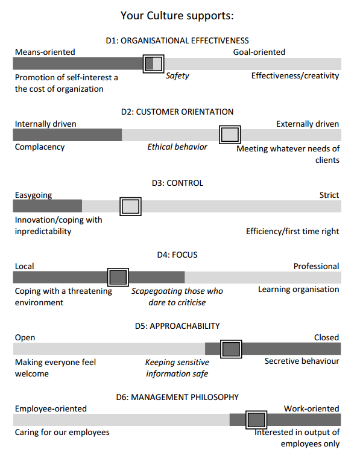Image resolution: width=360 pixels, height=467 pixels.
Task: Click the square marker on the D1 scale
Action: click(153, 64)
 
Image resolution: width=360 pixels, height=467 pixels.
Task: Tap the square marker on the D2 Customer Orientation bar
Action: click(230, 135)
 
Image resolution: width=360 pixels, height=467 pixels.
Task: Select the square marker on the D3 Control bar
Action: click(130, 206)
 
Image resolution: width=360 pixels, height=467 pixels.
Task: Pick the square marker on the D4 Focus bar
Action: click(118, 277)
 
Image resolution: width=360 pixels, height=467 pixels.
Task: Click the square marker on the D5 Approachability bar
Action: click(231, 349)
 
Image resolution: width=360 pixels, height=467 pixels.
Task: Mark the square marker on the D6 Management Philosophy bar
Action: click(256, 420)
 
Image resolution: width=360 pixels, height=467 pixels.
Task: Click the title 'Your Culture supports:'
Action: click(177, 16)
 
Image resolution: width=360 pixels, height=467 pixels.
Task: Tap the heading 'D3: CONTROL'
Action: click(177, 183)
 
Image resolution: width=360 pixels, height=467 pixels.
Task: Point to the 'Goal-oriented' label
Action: click(259, 52)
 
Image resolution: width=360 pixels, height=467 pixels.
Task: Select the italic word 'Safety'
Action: click(177, 76)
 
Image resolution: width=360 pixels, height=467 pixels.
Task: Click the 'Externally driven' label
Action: click(308, 124)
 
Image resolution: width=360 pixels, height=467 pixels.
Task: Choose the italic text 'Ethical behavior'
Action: click(177, 147)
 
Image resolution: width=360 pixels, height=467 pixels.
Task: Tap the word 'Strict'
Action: click(329, 195)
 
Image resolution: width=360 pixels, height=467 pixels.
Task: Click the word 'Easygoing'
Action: click(33, 195)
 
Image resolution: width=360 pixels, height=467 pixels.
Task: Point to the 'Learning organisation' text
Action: click(298, 290)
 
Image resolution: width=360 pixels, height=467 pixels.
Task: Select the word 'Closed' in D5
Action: click(327, 337)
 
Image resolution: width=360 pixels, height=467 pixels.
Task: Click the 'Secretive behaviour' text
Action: click(302, 361)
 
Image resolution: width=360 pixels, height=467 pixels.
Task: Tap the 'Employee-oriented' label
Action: click(51, 408)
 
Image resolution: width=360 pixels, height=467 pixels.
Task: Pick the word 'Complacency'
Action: click(40, 147)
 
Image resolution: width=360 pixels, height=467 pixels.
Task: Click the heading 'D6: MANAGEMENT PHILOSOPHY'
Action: click(177, 397)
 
